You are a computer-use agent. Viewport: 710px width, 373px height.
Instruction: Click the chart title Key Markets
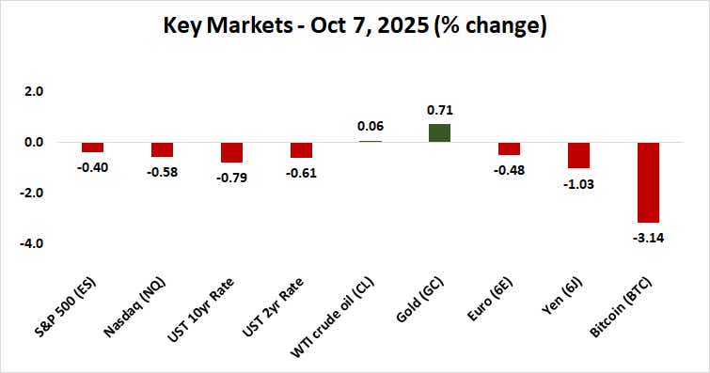click(x=355, y=25)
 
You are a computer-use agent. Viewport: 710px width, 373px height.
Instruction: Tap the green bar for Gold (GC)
click(x=439, y=132)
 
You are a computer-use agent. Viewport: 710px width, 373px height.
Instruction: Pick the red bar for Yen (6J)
click(x=578, y=155)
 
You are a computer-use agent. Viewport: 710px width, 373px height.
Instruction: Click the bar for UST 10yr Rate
click(x=231, y=152)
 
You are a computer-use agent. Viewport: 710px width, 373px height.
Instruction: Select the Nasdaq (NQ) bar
click(x=162, y=149)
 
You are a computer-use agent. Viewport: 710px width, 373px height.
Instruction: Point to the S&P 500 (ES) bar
click(x=92, y=147)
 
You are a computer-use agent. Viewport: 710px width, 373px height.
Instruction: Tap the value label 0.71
click(x=439, y=111)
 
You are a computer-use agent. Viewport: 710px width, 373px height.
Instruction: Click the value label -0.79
click(x=231, y=176)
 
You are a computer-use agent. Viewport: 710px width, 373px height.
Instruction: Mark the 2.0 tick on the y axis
click(x=33, y=91)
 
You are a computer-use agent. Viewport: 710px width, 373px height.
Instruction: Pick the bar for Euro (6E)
click(x=509, y=148)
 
